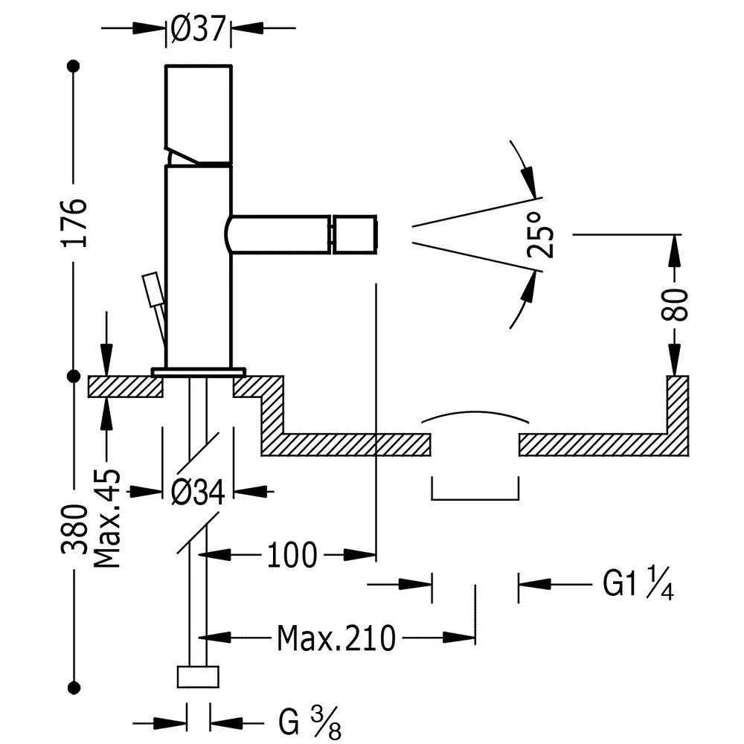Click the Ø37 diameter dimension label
(198, 28)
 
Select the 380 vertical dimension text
(74, 530)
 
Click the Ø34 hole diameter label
(197, 491)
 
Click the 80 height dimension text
(676, 303)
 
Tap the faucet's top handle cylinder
(198, 112)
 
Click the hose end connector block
(198, 677)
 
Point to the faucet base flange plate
(199, 371)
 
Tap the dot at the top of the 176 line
(74, 66)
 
